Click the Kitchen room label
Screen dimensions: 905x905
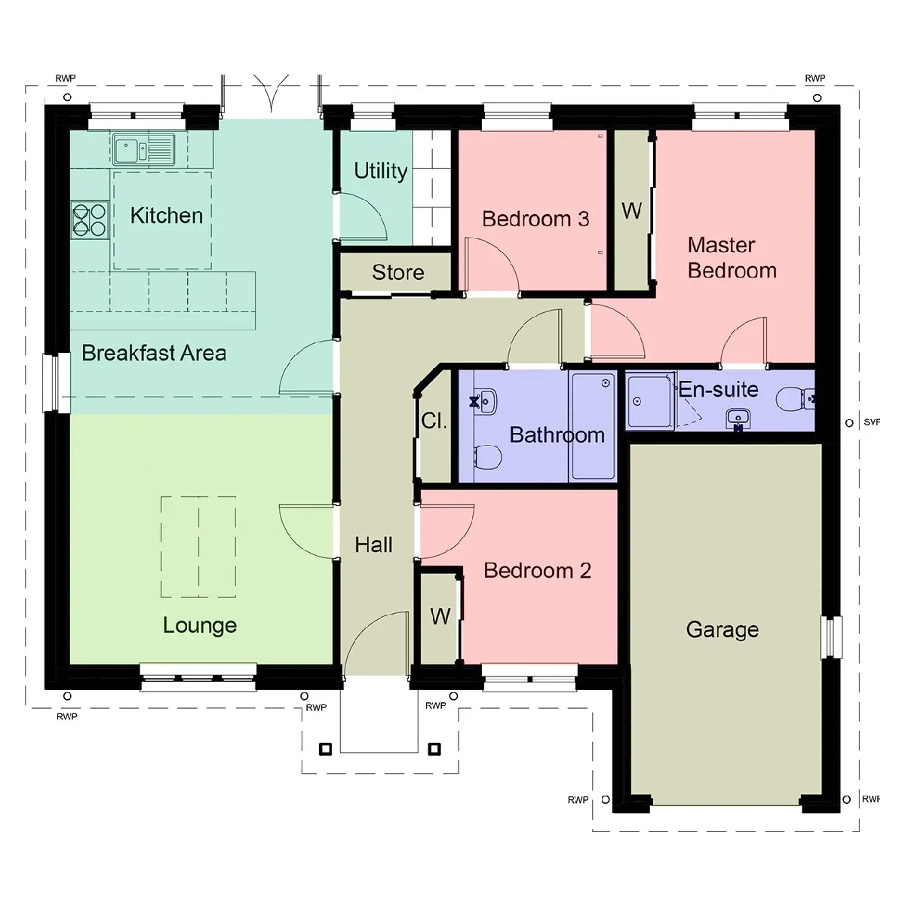point(167,216)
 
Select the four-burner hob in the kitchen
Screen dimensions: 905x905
point(89,219)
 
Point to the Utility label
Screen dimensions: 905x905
point(380,171)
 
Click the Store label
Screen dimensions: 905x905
point(397,272)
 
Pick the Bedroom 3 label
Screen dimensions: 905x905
point(535,219)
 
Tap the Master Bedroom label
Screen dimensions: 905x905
point(732,257)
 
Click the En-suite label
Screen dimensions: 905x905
point(718,389)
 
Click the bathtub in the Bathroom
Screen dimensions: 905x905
point(594,426)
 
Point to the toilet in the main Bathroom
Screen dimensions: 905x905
point(488,456)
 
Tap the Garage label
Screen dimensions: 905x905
point(722,630)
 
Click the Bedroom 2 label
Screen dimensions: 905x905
point(537,571)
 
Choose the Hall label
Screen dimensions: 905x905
point(374,545)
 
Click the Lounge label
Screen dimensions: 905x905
point(200,625)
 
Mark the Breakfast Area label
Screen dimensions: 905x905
point(154,353)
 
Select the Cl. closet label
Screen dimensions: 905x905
point(434,421)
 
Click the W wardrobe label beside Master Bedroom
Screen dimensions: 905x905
point(632,211)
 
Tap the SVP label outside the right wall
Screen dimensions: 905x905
point(872,422)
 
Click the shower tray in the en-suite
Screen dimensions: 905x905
point(650,401)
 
